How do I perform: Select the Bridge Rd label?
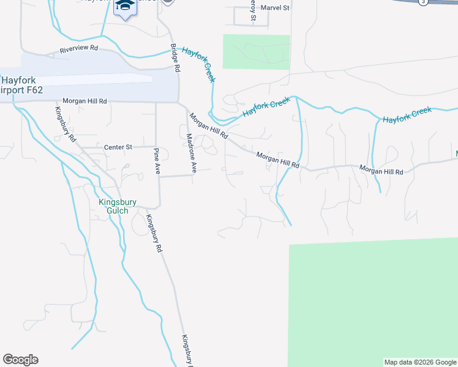[x=175, y=59]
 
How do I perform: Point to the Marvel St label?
[x=274, y=8]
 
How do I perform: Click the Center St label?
[x=118, y=147]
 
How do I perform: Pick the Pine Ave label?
[x=157, y=161]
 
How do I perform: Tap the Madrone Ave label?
[x=191, y=153]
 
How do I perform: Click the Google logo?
[x=20, y=360]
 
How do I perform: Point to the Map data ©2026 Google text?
[x=420, y=362]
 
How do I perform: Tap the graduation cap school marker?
[x=126, y=6]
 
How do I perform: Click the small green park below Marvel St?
[x=256, y=51]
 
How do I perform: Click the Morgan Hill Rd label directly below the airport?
[x=85, y=101]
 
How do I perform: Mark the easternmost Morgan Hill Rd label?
[x=381, y=171]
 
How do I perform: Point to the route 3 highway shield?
[x=422, y=2]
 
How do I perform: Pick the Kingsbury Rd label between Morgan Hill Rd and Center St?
[x=64, y=124]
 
